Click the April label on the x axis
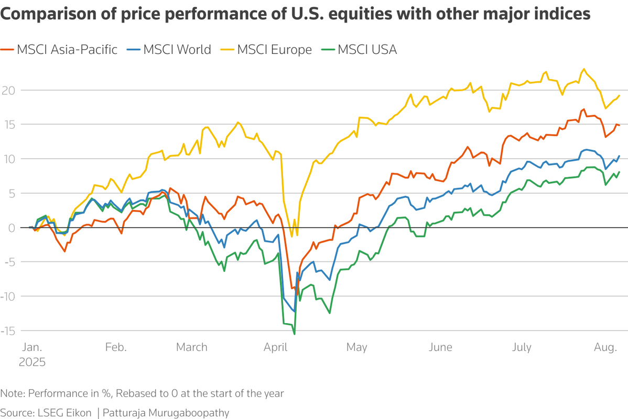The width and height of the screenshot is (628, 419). coord(278,347)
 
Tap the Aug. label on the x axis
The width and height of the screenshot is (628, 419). coord(605,347)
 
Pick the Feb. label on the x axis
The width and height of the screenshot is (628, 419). coord(116,347)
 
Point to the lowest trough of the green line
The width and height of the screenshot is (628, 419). coord(295,334)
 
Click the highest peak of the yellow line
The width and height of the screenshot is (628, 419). coord(583,69)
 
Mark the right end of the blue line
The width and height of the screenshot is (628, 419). coord(620,156)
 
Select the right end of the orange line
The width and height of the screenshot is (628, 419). coord(619,125)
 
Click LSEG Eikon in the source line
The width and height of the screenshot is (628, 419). coord(64,412)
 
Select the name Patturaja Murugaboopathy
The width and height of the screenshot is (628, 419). coord(167,412)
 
